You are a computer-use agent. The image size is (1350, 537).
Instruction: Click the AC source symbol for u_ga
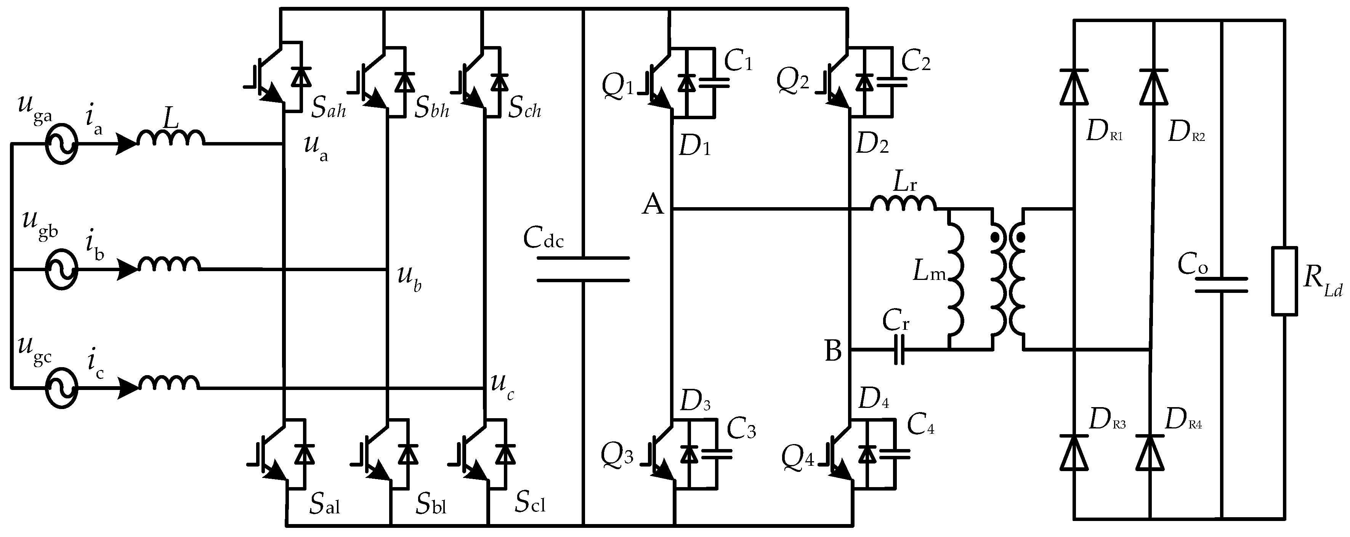[61, 144]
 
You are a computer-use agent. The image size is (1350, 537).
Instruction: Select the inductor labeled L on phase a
[171, 138]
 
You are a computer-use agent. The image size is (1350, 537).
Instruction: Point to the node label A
[653, 204]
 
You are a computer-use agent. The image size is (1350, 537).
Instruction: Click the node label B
[833, 352]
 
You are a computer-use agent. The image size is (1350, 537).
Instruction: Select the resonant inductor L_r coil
[903, 203]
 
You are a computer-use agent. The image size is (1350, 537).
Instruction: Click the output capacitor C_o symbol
[1221, 286]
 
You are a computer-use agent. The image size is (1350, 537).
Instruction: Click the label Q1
[617, 87]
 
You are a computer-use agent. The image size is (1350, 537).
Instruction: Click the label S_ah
[329, 108]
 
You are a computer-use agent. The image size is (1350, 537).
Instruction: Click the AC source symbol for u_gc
[61, 388]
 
